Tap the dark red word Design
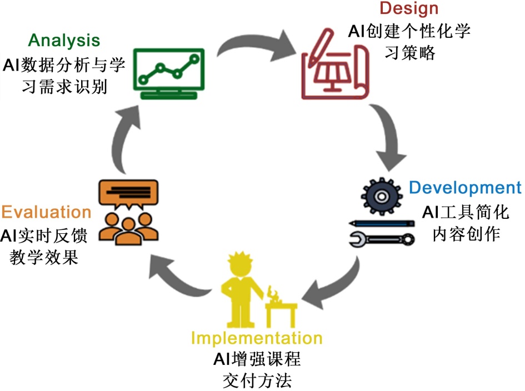[408, 8]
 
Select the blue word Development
[465, 188]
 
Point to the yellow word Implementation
[256, 338]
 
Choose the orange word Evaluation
[46, 212]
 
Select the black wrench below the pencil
[382, 239]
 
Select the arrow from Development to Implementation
[333, 289]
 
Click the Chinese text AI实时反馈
[46, 236]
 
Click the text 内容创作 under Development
[466, 233]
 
